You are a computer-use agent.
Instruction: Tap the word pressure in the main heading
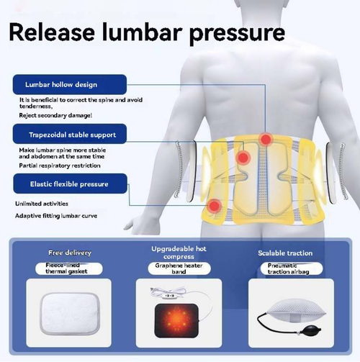click(234, 35)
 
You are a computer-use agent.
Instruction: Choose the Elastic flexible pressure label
click(68, 184)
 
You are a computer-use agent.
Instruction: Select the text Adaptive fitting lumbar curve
click(56, 215)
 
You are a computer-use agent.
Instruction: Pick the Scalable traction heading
click(285, 253)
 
